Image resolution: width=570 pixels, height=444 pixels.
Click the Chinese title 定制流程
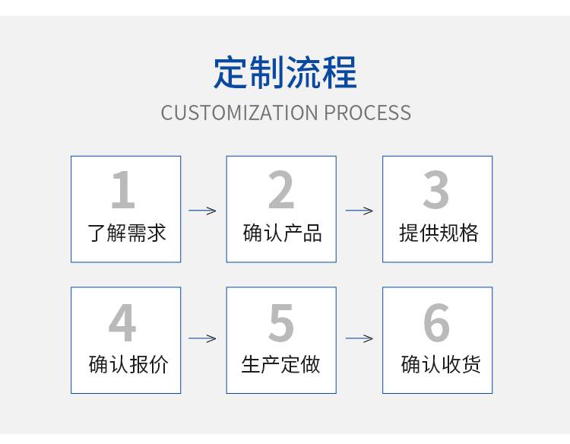285,72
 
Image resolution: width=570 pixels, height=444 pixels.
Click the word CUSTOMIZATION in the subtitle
239,113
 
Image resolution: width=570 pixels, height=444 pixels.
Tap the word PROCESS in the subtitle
368,113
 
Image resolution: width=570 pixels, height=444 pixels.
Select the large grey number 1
123,189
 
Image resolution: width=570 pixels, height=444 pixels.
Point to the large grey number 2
281,189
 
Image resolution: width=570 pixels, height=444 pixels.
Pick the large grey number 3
436,189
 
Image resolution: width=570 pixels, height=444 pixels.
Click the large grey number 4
122,322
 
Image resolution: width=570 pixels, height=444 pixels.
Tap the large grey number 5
281,322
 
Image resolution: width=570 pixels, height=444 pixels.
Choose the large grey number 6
436,322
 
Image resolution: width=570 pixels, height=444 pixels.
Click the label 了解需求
126,233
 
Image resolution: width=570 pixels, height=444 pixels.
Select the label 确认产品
283,233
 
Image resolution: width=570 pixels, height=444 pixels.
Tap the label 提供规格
439,233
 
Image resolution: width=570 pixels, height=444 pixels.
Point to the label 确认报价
128,364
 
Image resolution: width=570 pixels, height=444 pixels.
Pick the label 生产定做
280,364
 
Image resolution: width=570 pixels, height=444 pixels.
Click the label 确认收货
441,364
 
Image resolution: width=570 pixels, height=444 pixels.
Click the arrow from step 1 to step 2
202,211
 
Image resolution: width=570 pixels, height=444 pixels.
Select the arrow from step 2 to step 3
359,211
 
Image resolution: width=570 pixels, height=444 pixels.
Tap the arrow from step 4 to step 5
202,338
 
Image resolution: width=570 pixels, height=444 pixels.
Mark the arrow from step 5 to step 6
359,338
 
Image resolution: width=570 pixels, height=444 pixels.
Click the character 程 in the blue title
340,72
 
